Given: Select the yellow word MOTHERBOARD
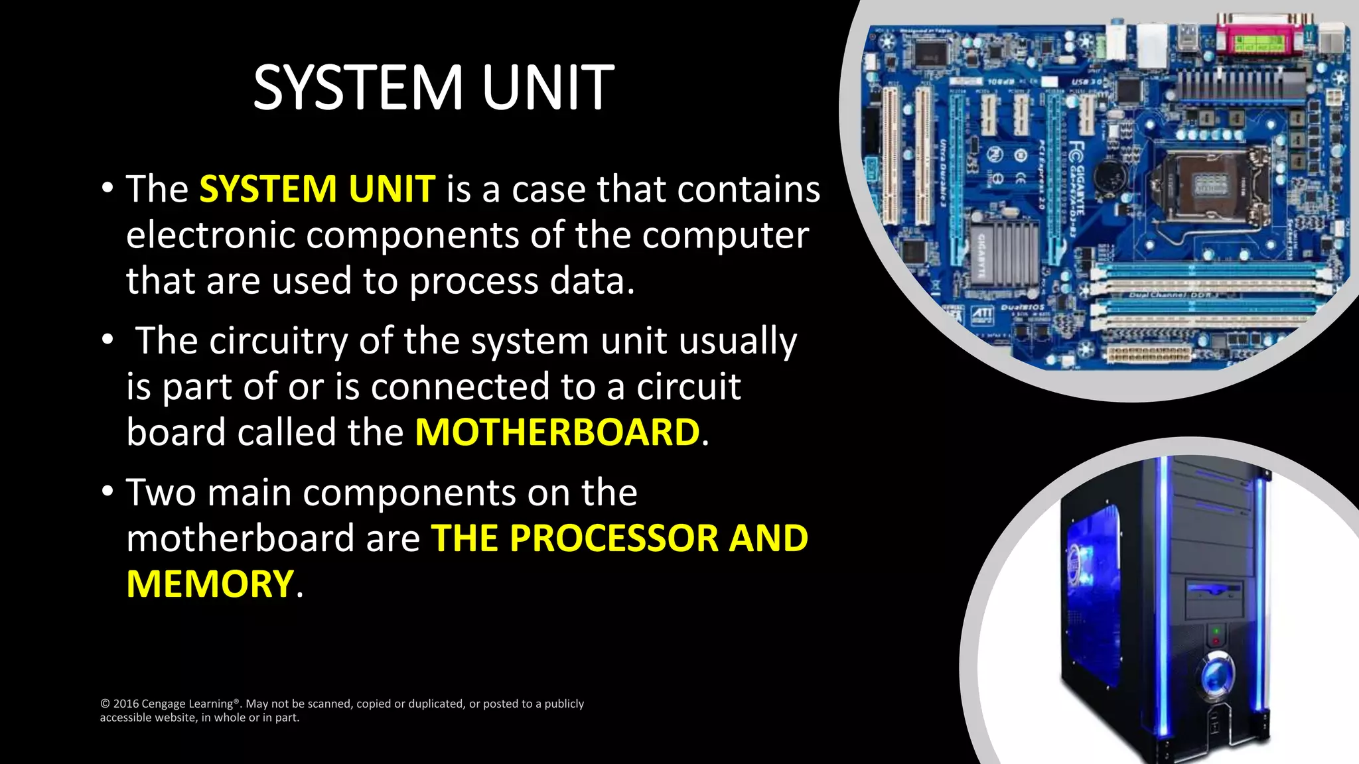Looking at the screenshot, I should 557,432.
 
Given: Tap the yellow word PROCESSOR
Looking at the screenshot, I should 614,538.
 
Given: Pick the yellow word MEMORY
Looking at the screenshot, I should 210,584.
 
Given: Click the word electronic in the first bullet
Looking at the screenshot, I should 210,235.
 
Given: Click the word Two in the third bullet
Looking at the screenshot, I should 161,493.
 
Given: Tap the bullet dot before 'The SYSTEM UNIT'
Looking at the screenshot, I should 107,188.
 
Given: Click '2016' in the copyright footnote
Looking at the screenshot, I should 125,704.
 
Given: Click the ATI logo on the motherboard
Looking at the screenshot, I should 982,314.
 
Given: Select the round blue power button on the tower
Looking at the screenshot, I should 1216,674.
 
